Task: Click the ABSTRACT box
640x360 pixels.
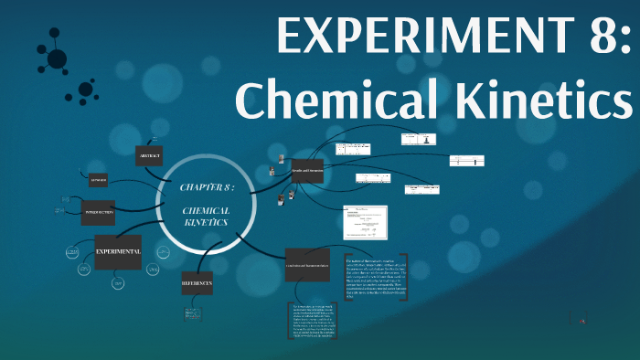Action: point(149,156)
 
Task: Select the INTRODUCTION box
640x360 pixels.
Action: point(98,213)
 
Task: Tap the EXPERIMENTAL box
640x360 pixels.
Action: point(118,251)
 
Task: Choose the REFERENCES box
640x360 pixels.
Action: point(197,284)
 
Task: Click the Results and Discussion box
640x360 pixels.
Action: point(306,171)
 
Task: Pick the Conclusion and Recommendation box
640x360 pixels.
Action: point(306,264)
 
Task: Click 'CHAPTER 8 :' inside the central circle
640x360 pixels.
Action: point(208,186)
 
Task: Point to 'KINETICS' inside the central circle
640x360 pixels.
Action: point(207,222)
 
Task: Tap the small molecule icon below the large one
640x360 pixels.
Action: point(88,90)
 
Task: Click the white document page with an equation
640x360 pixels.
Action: point(365,222)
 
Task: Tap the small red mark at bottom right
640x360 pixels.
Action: point(582,320)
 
